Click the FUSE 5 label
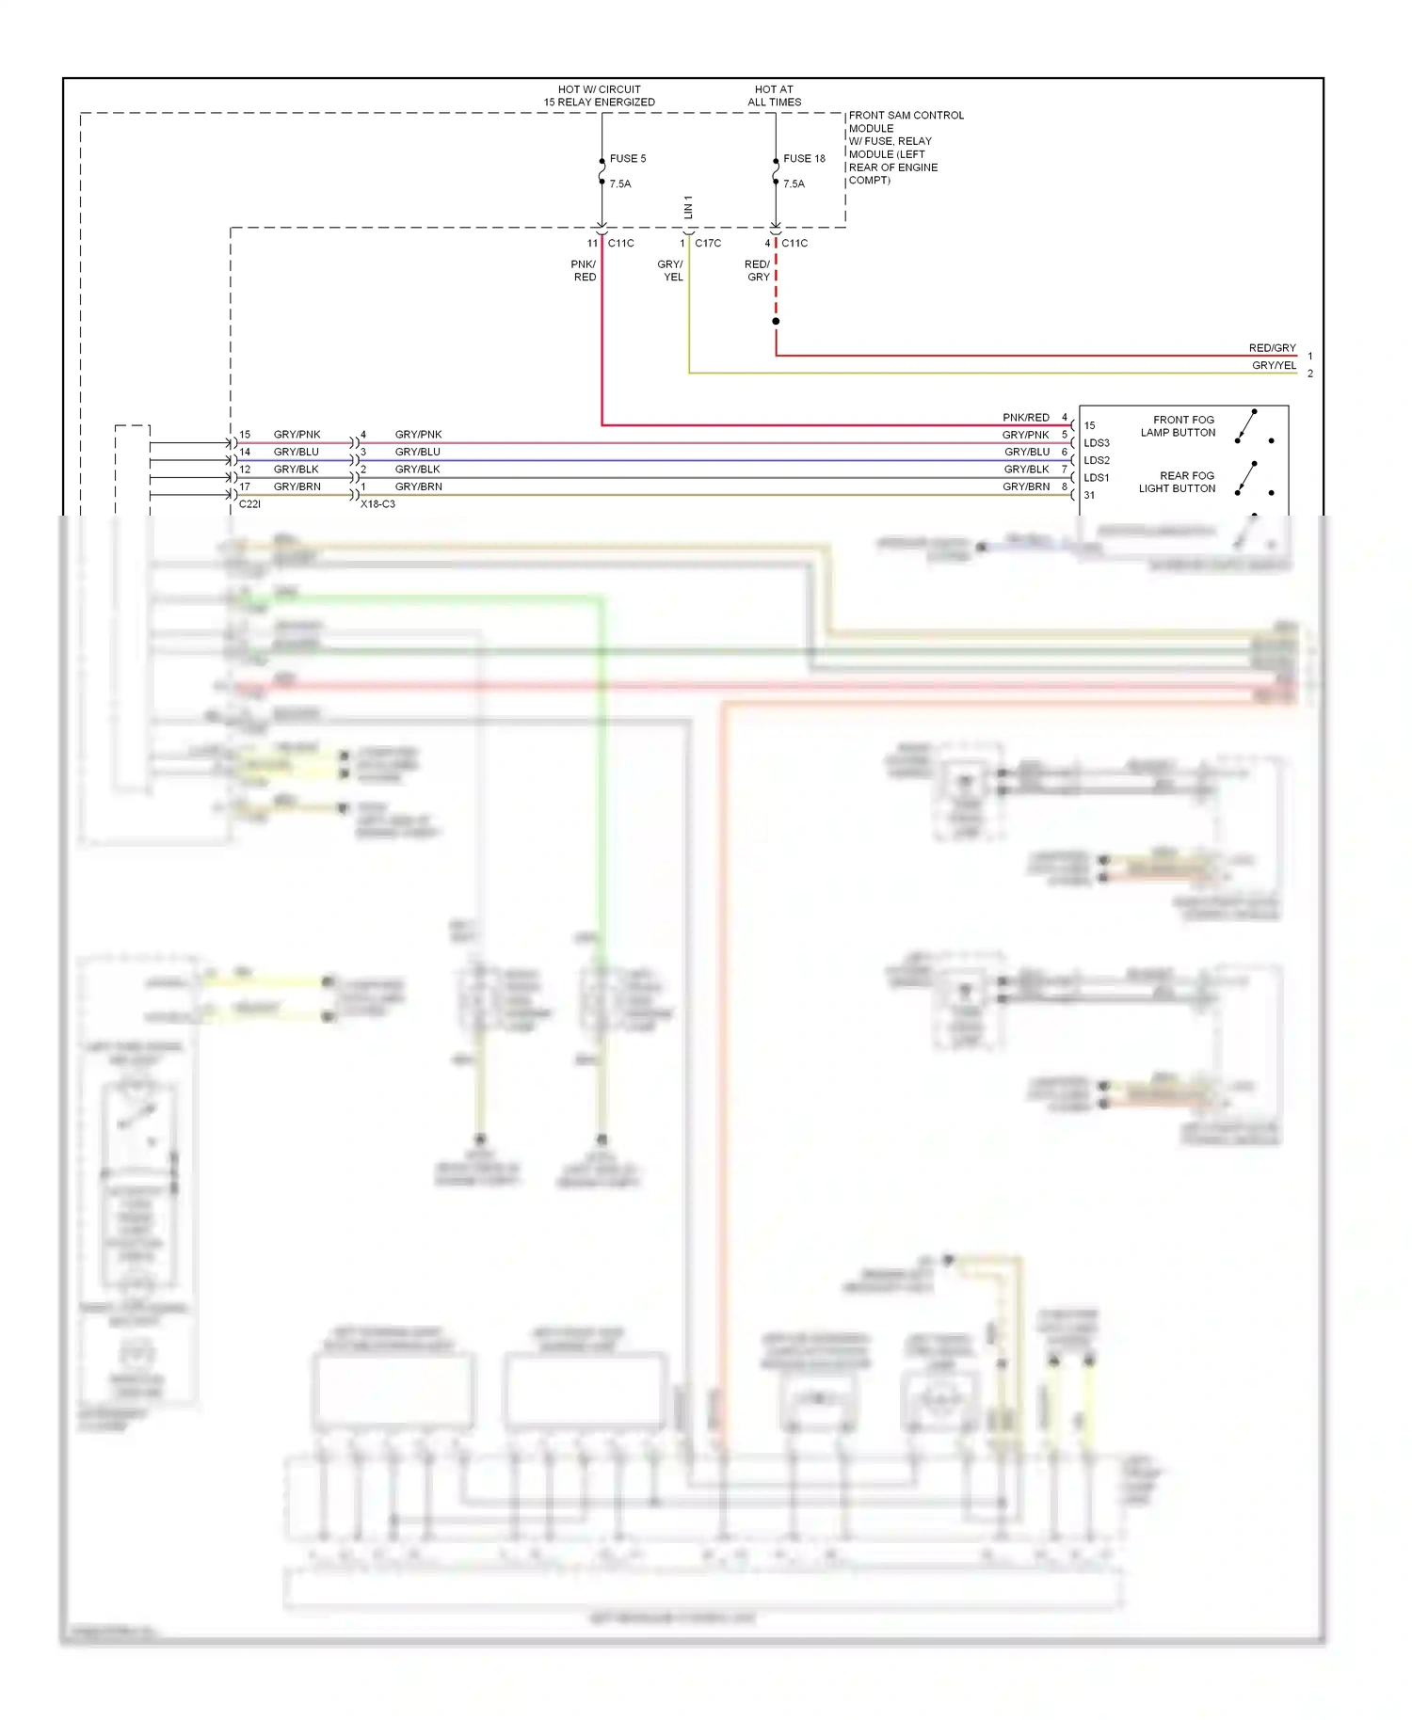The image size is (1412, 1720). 627,158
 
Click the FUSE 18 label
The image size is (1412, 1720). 803,158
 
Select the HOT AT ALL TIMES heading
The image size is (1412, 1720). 774,96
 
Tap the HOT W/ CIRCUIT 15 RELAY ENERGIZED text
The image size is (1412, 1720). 599,96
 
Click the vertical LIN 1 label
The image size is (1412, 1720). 688,208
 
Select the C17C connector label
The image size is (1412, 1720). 707,243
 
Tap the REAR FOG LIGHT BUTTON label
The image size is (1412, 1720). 1177,482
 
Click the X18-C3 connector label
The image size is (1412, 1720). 377,504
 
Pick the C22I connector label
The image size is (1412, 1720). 249,504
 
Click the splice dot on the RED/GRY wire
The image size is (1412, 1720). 776,322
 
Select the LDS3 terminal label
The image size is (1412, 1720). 1096,443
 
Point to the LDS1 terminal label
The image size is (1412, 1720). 1096,478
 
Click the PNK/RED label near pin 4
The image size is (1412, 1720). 1025,417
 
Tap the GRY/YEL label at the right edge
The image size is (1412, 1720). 1273,365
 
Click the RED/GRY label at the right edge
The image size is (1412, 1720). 1272,348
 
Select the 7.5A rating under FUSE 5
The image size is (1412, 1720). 619,184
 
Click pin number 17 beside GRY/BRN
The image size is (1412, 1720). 245,486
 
